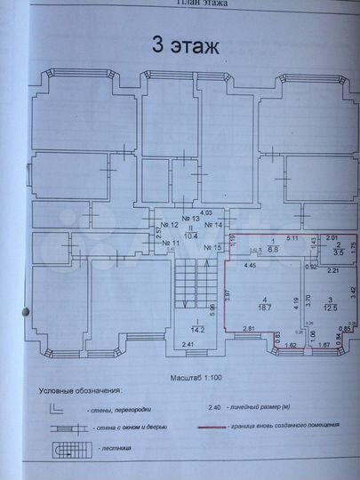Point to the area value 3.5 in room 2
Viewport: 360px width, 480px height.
click(326, 252)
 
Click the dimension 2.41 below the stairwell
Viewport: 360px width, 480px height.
click(188, 345)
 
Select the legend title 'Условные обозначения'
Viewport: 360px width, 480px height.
click(81, 390)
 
